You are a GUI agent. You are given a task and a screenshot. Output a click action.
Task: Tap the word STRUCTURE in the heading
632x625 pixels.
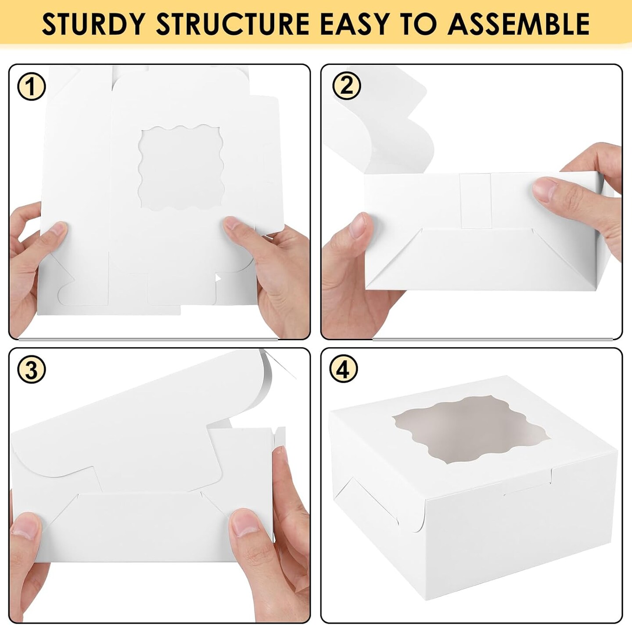click(233, 24)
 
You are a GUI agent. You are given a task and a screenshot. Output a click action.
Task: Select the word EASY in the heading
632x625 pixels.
click(354, 24)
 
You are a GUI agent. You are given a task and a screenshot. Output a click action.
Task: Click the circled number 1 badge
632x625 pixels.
click(31, 87)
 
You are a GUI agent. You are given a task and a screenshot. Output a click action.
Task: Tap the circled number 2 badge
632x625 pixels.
click(346, 86)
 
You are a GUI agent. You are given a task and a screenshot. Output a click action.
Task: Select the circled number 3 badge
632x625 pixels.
click(31, 370)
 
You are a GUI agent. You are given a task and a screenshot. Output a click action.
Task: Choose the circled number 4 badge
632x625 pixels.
click(344, 369)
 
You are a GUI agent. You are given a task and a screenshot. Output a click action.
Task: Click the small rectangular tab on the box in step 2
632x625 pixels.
click(475, 200)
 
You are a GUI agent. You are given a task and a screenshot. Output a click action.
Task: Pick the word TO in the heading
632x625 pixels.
click(422, 24)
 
